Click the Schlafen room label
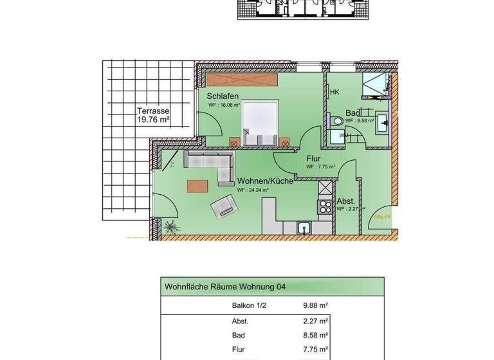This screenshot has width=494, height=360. coord(223,96)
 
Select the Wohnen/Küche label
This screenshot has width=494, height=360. coord(265,181)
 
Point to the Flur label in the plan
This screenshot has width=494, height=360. coord(313,158)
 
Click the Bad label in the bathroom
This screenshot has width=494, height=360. coord(352,113)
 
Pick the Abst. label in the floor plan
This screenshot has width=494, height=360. coord(346,201)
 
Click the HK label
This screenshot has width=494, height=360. coord(334,93)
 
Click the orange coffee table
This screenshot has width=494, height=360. coord(197,186)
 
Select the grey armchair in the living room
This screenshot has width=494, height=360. coord(223,206)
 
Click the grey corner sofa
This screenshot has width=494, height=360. coord(212,163)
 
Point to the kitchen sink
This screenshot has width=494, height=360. coord(304,227)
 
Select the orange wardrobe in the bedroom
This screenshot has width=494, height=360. coord(242,80)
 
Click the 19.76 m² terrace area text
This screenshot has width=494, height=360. coord(152,119)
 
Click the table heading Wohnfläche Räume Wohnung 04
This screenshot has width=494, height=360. coord(226,287)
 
